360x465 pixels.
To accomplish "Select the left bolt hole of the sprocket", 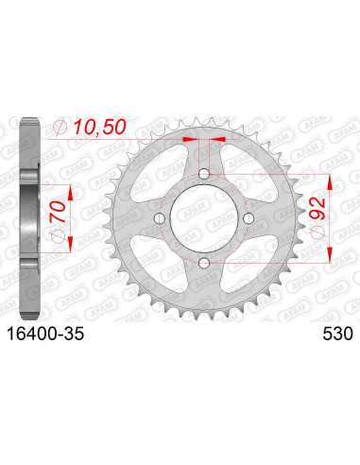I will click(x=160, y=218).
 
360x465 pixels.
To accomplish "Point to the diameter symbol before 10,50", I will click(x=61, y=128).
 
